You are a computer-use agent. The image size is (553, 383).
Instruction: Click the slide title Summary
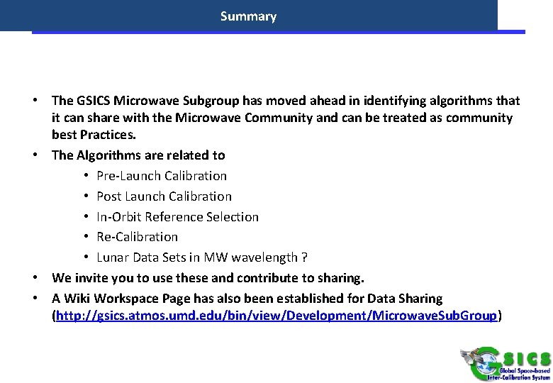248,16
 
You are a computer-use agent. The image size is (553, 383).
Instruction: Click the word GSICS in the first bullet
95,101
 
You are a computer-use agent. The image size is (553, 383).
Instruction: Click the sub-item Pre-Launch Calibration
162,175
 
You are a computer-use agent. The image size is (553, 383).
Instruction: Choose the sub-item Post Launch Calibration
164,196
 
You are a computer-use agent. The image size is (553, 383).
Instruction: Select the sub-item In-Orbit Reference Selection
177,216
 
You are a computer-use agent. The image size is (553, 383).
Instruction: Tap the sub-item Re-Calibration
137,236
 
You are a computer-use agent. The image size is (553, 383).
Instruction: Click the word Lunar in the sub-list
112,257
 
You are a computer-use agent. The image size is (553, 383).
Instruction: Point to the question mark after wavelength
304,257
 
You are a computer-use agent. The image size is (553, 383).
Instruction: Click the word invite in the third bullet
91,277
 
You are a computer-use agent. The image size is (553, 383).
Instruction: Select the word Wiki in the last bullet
79,299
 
